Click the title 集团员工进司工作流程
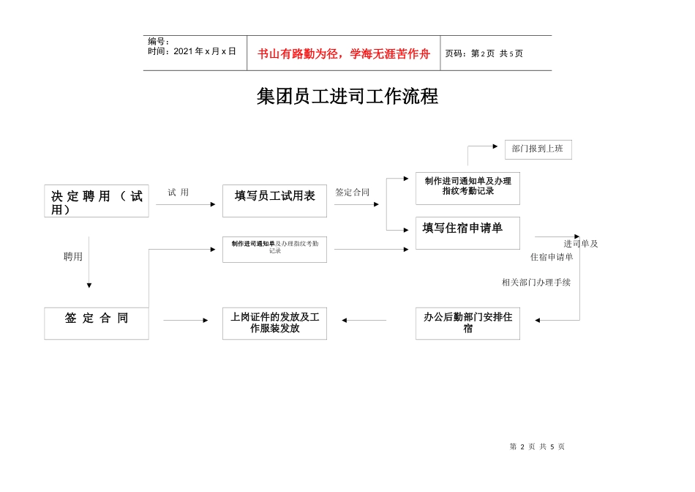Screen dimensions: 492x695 [x=347, y=97]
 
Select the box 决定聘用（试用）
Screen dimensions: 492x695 [x=97, y=201]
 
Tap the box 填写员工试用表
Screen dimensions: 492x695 [x=274, y=201]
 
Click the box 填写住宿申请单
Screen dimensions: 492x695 [x=467, y=233]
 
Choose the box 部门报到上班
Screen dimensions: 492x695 [x=538, y=149]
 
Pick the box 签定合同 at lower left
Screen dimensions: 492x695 [x=97, y=323]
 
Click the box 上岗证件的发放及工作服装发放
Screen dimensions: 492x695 [x=274, y=323]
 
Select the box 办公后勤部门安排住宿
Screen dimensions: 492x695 [x=467, y=323]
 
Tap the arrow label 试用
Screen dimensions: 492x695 [x=178, y=193]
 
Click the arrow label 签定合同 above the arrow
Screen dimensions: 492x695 [x=353, y=193]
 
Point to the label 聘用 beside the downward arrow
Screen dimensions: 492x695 [x=73, y=257]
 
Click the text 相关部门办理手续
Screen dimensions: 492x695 [x=536, y=282]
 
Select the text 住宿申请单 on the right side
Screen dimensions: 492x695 [x=552, y=257]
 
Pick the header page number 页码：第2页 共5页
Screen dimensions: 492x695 [x=484, y=53]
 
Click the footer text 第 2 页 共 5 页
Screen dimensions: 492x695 [x=537, y=447]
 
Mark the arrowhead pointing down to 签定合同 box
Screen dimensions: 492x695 [x=89, y=286]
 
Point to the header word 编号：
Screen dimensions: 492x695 [x=159, y=42]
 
